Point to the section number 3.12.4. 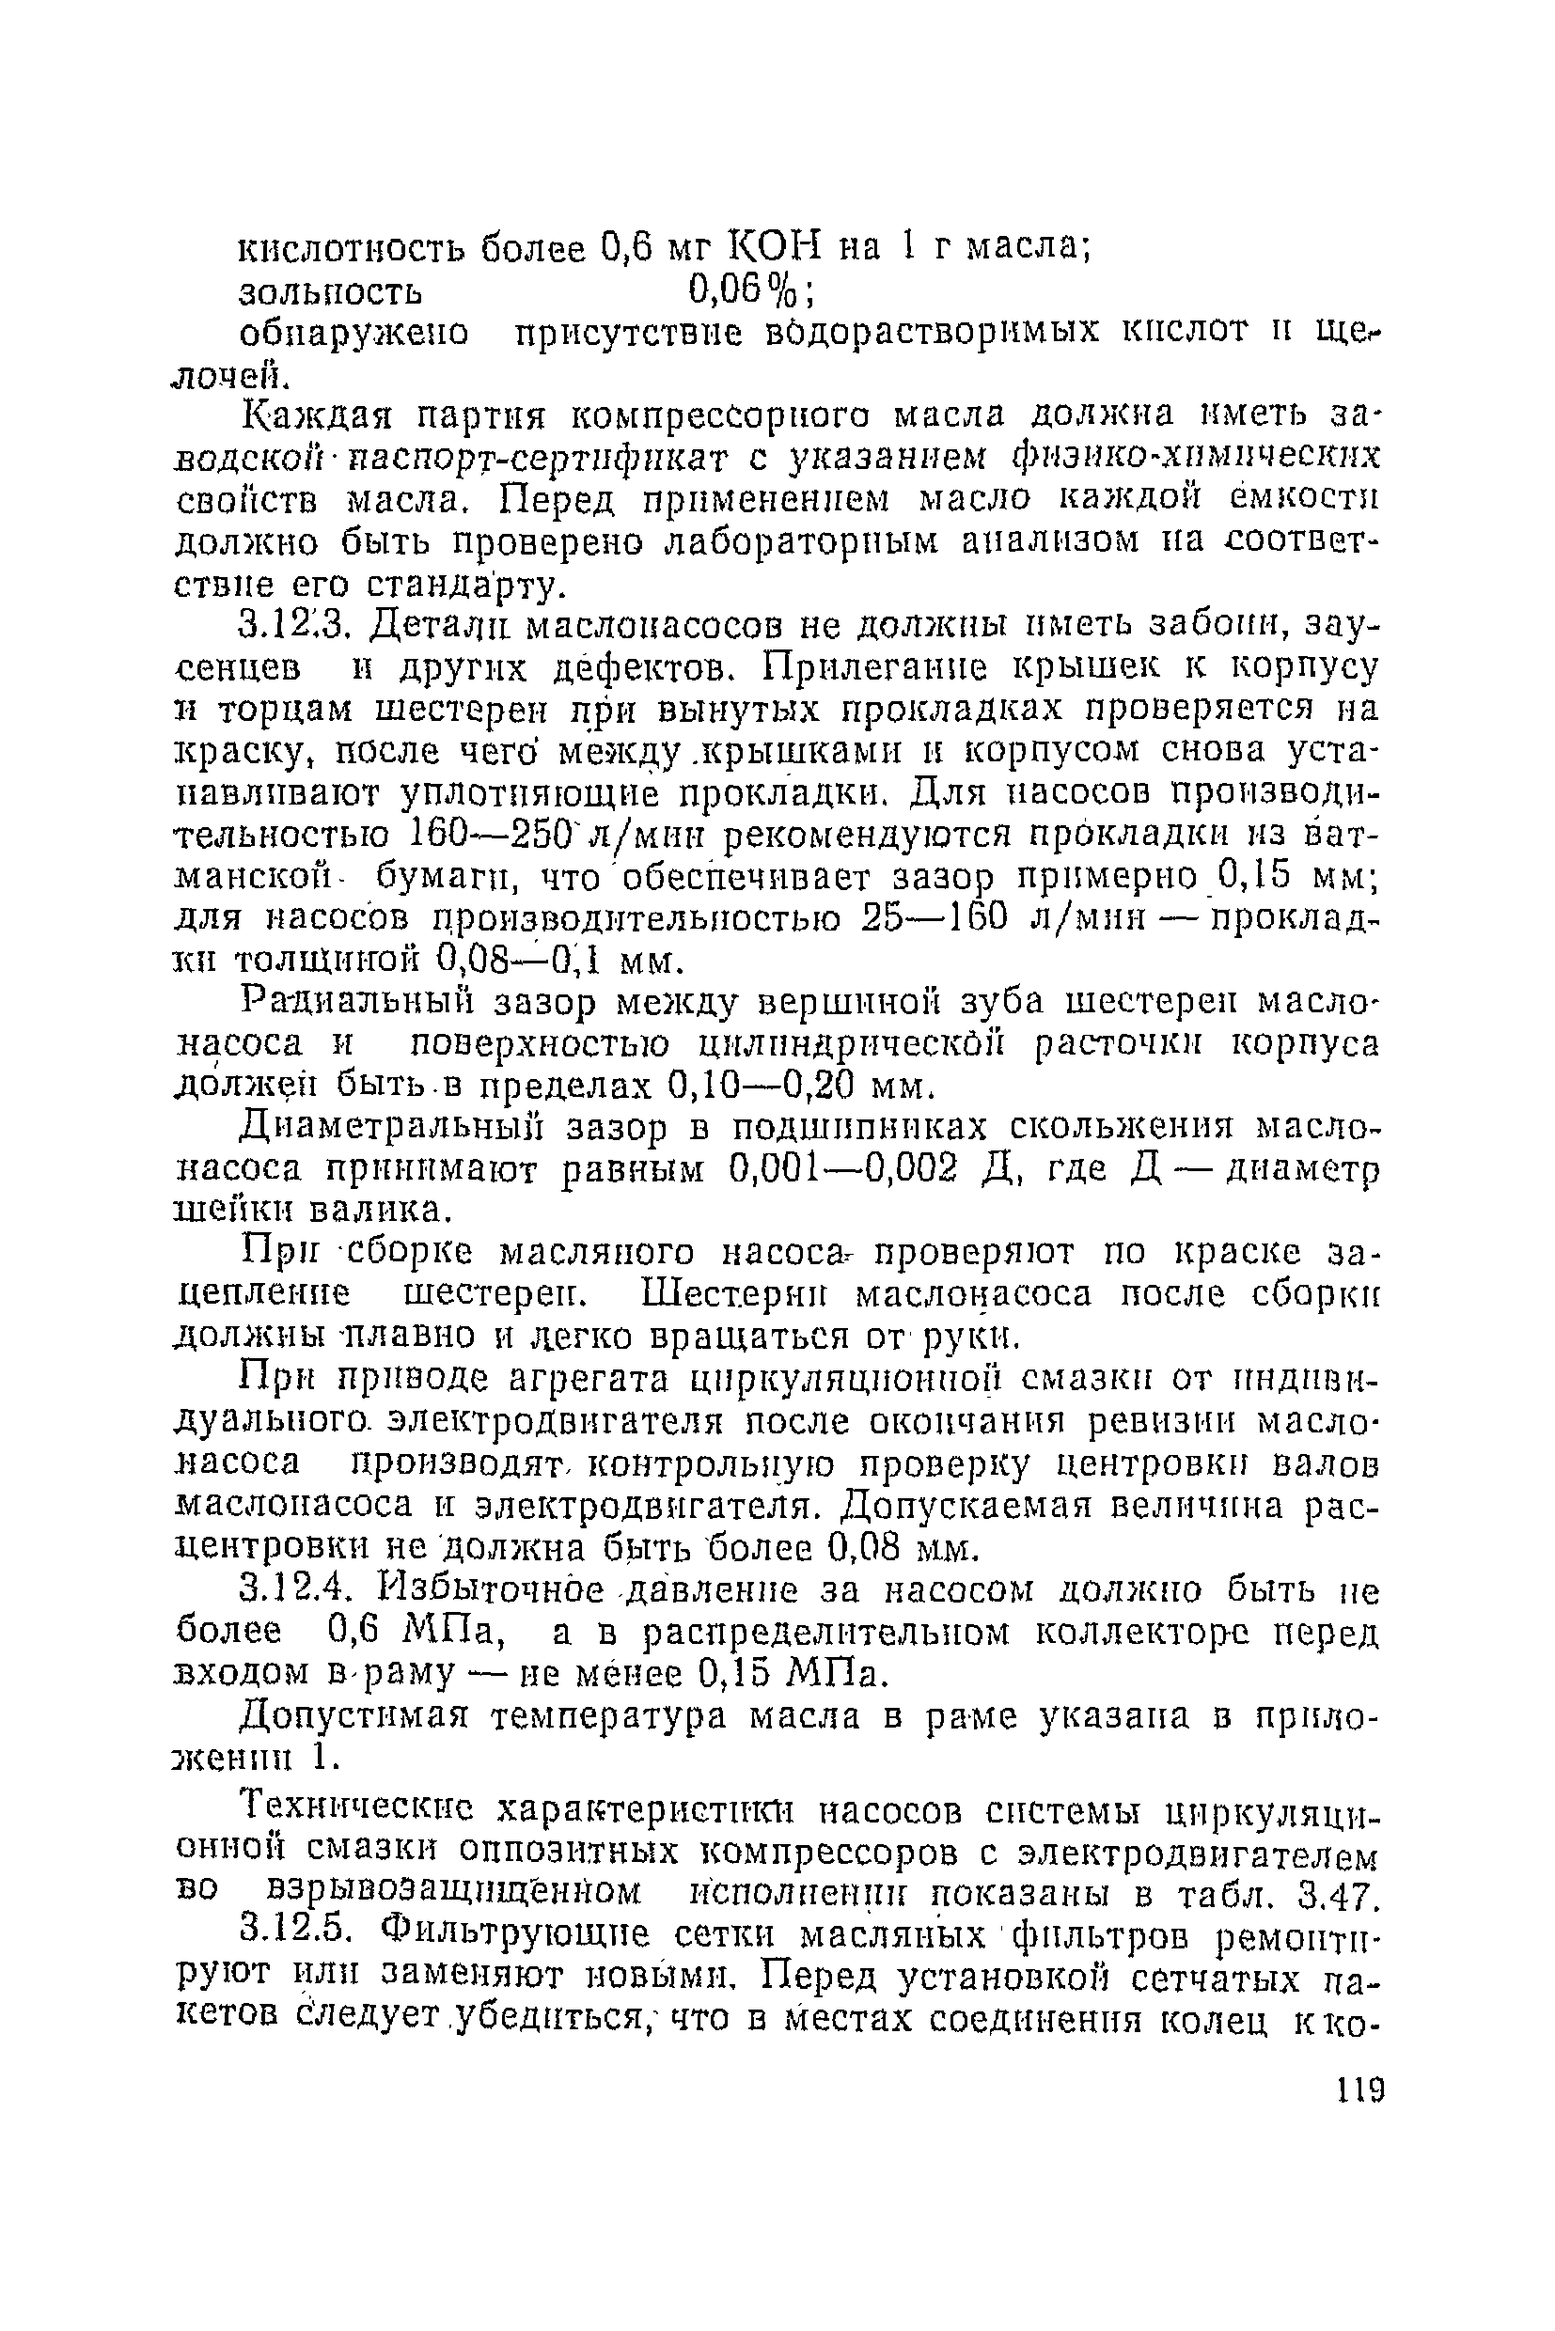click(294, 1590)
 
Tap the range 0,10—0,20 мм click(783, 1087)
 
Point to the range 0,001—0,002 click(843, 1170)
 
